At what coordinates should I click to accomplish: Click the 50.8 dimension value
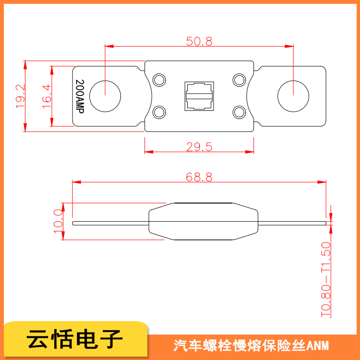(199, 41)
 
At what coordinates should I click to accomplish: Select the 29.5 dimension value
(199, 147)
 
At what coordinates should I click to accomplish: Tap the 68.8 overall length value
(199, 177)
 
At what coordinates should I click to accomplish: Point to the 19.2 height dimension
(20, 96)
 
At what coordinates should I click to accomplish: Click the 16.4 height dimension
(47, 96)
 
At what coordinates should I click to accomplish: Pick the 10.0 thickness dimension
(58, 221)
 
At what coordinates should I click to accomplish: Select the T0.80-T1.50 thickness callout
(325, 279)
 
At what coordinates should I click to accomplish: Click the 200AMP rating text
(80, 96)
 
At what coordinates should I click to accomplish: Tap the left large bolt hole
(105, 96)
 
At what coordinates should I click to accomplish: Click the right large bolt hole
(293, 96)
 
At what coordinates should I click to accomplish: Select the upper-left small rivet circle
(159, 80)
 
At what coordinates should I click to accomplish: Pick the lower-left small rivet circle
(159, 112)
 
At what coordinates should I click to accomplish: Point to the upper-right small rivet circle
(239, 80)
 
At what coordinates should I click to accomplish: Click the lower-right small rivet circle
(239, 112)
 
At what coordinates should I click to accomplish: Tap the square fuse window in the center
(199, 96)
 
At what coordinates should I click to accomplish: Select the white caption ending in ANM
(251, 346)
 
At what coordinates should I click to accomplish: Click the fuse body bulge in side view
(204, 221)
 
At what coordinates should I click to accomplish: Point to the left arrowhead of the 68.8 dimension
(76, 182)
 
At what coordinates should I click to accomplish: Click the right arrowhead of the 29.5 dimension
(250, 152)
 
